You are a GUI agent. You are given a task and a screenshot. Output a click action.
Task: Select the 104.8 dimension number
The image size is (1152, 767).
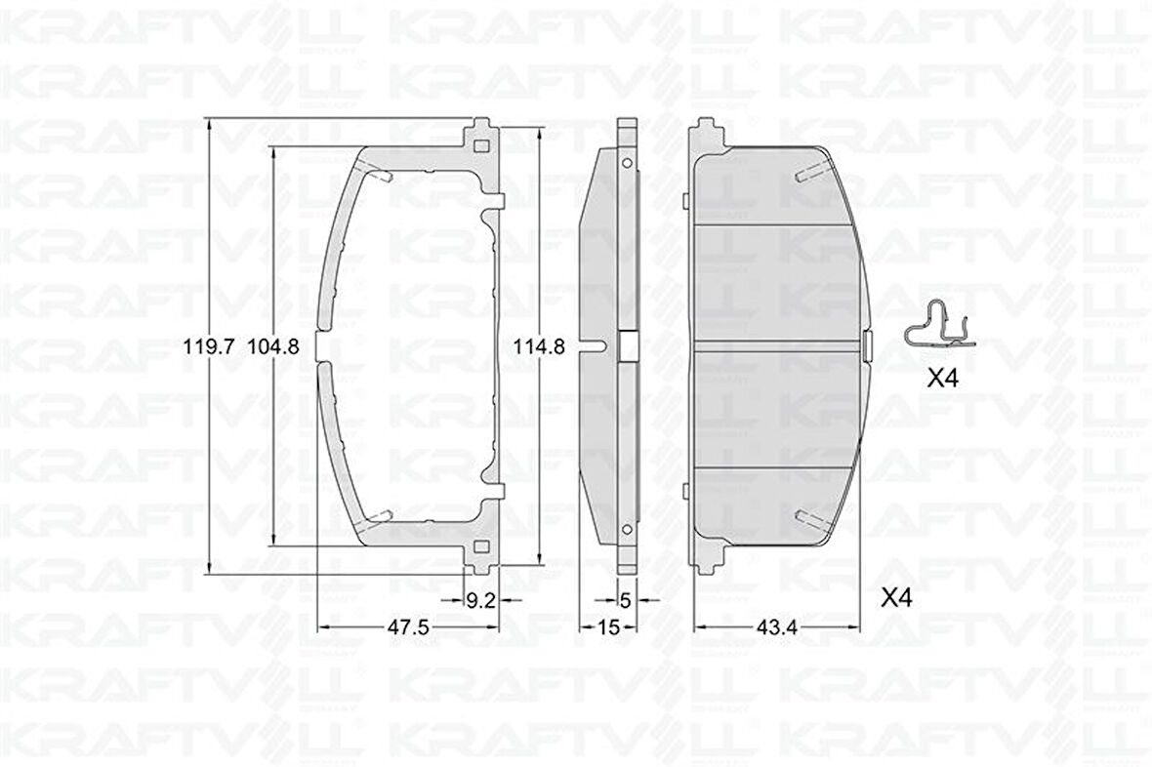coord(273,345)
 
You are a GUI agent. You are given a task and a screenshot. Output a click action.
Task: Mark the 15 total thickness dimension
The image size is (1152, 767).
coord(607,628)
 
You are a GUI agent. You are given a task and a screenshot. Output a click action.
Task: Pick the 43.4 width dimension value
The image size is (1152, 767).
coord(778,628)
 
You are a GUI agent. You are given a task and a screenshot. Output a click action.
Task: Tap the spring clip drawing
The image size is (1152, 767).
coord(937,326)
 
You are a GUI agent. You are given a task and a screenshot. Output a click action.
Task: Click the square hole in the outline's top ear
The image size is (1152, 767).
coord(479,146)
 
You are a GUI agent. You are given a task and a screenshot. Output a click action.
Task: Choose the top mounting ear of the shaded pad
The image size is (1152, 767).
coord(704,138)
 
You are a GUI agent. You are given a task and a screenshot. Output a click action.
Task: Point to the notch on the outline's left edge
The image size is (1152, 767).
coord(324,346)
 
